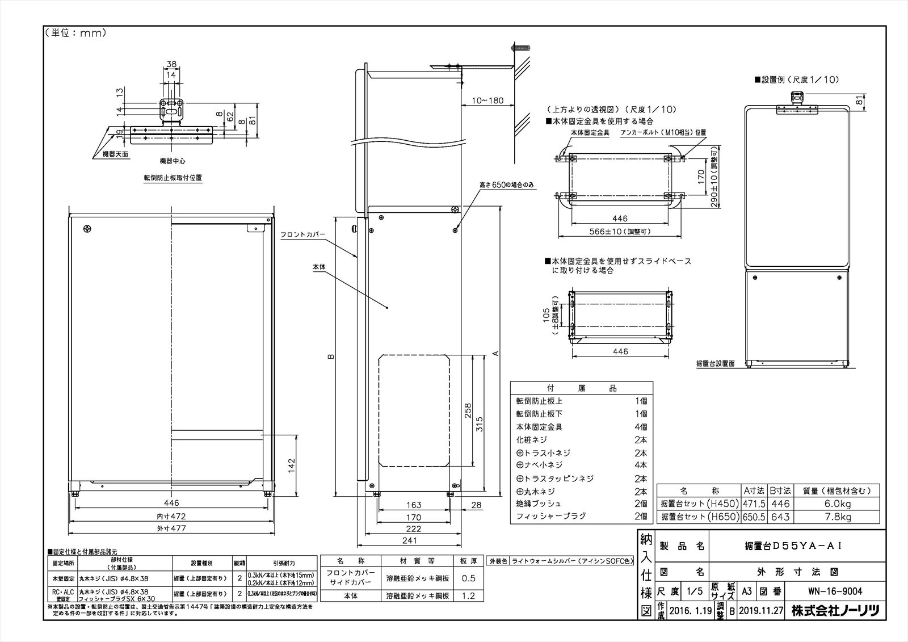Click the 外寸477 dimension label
coord(171,528)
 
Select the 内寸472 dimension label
coord(171,517)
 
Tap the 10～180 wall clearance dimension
coord(487,100)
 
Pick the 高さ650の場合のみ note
coord(507,186)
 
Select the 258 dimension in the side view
coord(468,410)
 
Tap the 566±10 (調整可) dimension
coord(620,231)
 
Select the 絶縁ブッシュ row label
coord(538,503)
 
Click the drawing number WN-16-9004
coord(835,591)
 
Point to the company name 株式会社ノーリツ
coord(835,611)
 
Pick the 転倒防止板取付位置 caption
coord(173,178)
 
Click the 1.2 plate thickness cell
coord(468,596)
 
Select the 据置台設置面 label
coord(716,363)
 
